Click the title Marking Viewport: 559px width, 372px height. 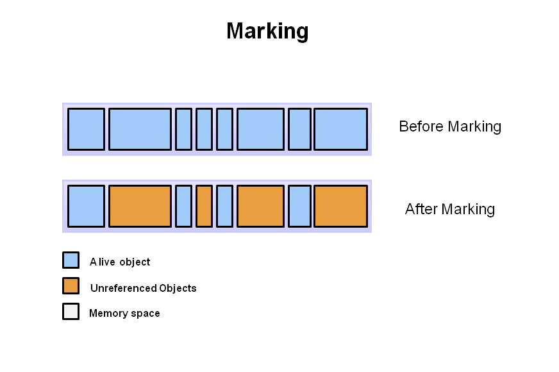pyautogui.click(x=267, y=31)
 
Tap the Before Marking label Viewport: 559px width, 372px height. pyautogui.click(x=449, y=126)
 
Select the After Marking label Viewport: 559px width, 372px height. pyautogui.click(x=449, y=209)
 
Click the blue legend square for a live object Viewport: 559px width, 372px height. pyautogui.click(x=71, y=260)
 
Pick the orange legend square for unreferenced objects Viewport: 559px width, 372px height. pyautogui.click(x=71, y=285)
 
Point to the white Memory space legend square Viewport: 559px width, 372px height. pyautogui.click(x=71, y=311)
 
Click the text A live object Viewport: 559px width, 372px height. pyautogui.click(x=120, y=262)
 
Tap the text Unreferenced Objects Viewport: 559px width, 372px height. pyautogui.click(x=143, y=288)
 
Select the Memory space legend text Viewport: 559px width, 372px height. pyautogui.click(x=124, y=314)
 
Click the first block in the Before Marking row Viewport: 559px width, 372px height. pyautogui.click(x=86, y=129)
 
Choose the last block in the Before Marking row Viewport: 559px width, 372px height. pyautogui.click(x=340, y=129)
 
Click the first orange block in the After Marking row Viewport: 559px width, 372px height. pyautogui.click(x=140, y=206)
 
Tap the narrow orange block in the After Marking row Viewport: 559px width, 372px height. pyautogui.click(x=204, y=206)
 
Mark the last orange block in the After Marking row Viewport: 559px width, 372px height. pyautogui.click(x=340, y=206)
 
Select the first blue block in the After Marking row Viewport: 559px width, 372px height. pyautogui.click(x=86, y=206)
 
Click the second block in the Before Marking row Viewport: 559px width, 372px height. pyautogui.click(x=140, y=129)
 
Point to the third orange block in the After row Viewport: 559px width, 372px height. pyautogui.click(x=260, y=206)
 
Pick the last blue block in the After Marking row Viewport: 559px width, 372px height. pyautogui.click(x=299, y=206)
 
